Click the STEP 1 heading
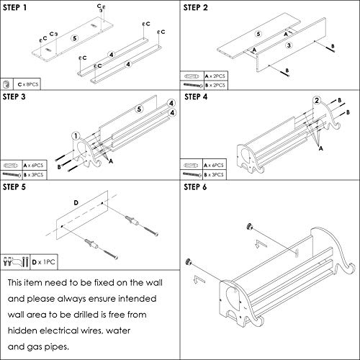tap(14, 8)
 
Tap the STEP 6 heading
tap(195, 187)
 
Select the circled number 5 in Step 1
tap(75, 38)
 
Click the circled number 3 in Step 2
tap(289, 45)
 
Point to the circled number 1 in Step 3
tap(76, 136)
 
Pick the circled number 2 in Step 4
tap(317, 100)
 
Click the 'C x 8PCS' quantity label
tap(28, 84)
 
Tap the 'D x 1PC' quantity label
tap(43, 262)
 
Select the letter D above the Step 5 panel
tap(76, 203)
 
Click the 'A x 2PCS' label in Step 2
tap(215, 76)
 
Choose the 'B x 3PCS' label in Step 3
tap(33, 175)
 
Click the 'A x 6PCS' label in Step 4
tap(214, 166)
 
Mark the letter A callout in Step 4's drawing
tap(320, 148)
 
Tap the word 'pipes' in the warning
tap(56, 347)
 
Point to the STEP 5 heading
tap(14, 187)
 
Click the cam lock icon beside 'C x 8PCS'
tap(6, 84)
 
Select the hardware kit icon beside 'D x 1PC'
tap(16, 261)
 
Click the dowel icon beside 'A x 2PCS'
tap(192, 76)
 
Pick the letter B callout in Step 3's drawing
tap(59, 167)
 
